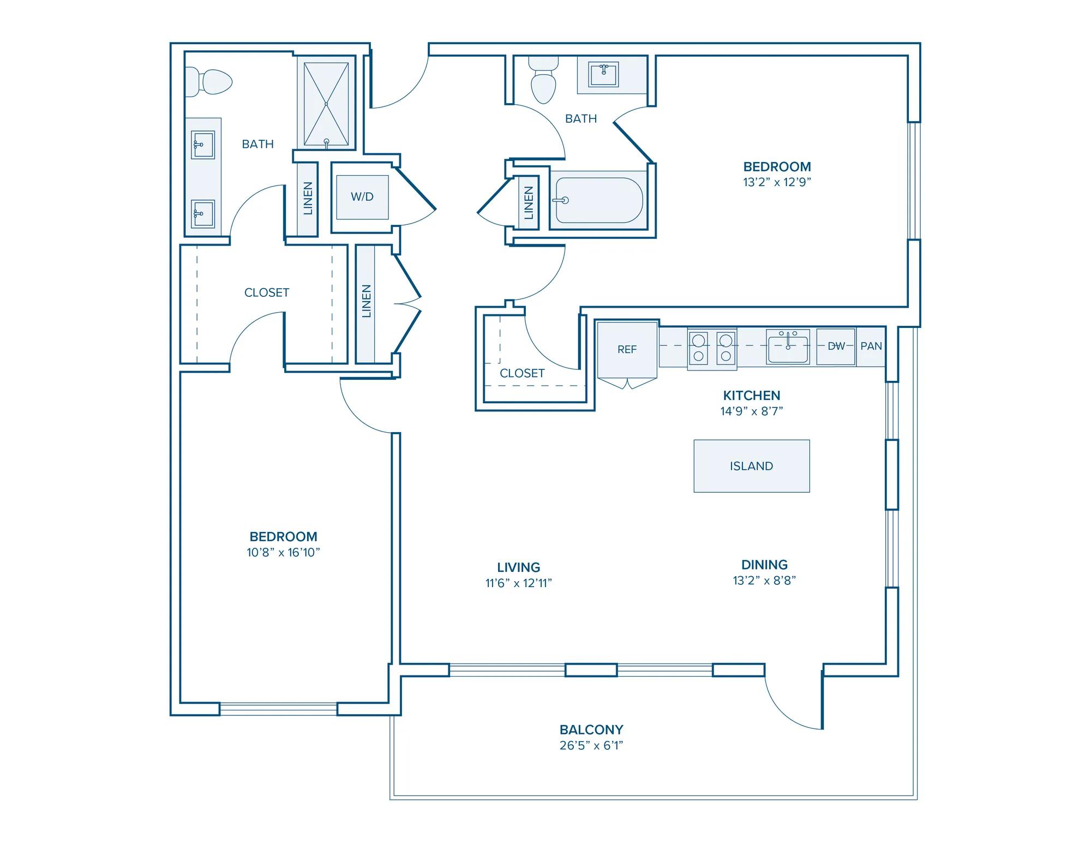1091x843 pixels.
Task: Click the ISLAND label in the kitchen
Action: pyautogui.click(x=751, y=466)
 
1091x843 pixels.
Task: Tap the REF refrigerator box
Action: pyautogui.click(x=627, y=349)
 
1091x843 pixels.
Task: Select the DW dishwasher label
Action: pyautogui.click(x=836, y=346)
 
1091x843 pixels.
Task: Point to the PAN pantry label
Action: pyautogui.click(x=871, y=346)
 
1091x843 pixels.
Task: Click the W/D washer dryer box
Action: pyautogui.click(x=362, y=197)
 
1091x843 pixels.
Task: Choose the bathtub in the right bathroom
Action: pyautogui.click(x=598, y=200)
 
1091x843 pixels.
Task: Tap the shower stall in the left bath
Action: pyautogui.click(x=326, y=105)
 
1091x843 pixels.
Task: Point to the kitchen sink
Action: pyautogui.click(x=788, y=346)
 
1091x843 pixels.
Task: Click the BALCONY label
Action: pyautogui.click(x=591, y=730)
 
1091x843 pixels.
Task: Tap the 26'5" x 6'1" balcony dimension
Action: pyautogui.click(x=591, y=745)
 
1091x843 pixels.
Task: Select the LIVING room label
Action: pyautogui.click(x=519, y=567)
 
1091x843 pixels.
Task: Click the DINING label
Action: pyautogui.click(x=764, y=565)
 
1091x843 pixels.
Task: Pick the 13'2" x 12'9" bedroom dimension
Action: pyautogui.click(x=777, y=182)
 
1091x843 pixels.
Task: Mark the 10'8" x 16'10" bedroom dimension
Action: pyautogui.click(x=283, y=552)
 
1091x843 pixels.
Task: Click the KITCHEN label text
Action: pyautogui.click(x=752, y=396)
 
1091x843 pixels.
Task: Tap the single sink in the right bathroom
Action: pyautogui.click(x=603, y=75)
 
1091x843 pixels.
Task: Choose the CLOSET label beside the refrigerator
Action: pyautogui.click(x=522, y=373)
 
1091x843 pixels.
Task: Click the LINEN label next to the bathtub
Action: pyautogui.click(x=528, y=203)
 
